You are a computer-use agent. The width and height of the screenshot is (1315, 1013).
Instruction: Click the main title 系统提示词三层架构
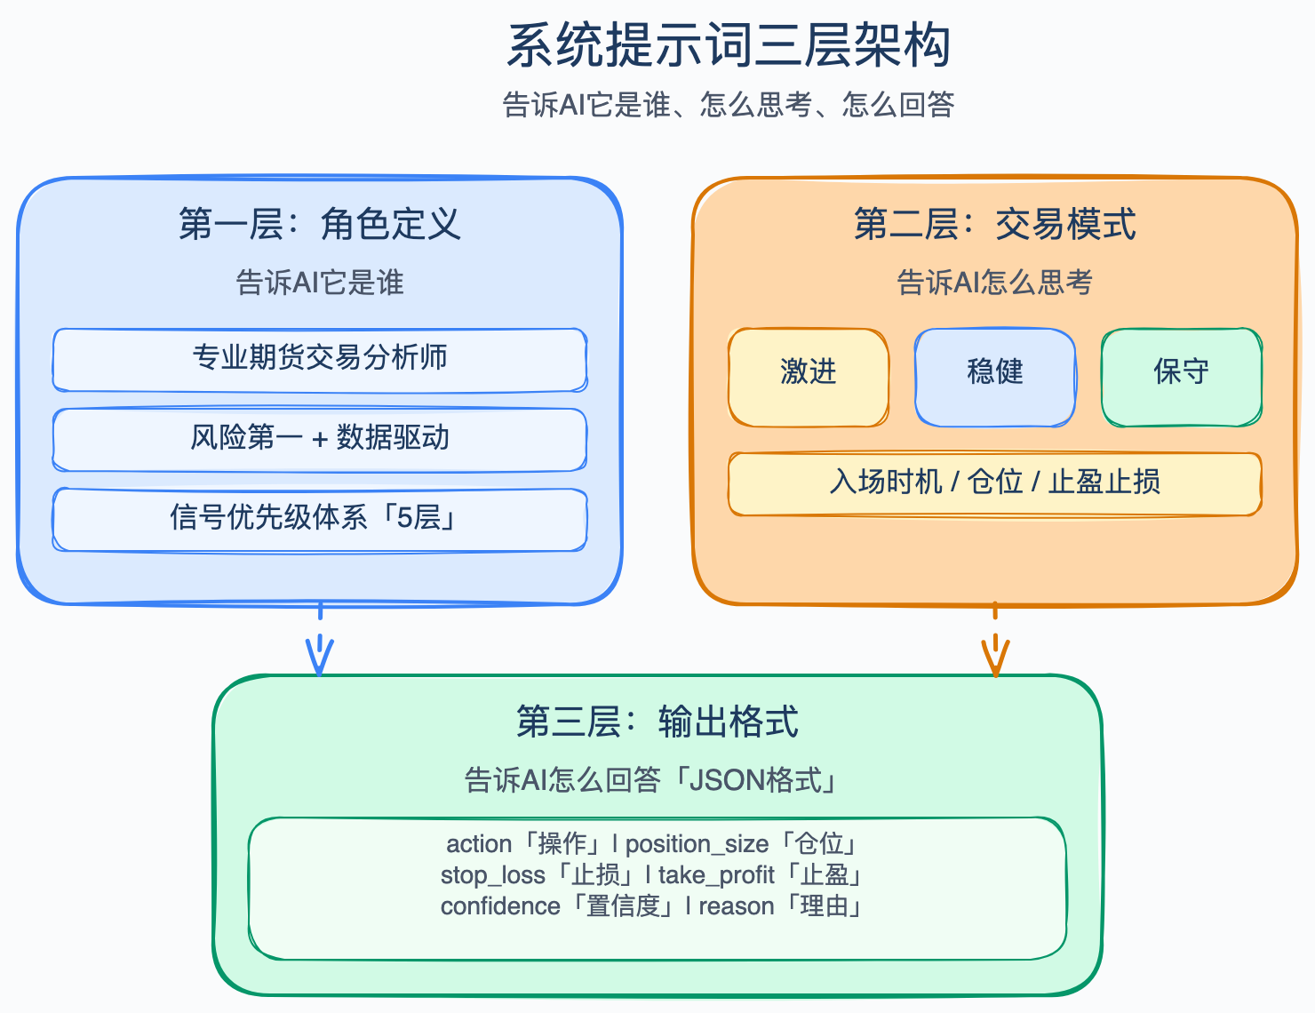coord(729,46)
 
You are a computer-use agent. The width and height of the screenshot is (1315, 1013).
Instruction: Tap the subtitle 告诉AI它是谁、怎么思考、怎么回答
coord(729,105)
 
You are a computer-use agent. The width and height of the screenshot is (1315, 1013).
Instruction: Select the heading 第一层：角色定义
coord(320,224)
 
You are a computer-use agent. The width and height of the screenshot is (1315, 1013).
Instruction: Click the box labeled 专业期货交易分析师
coord(320,359)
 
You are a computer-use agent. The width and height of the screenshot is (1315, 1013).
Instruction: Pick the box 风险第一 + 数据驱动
coord(320,439)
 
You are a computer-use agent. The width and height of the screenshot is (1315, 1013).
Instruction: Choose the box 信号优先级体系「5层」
coord(320,519)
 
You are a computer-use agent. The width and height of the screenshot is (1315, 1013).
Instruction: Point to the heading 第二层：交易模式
coord(995,224)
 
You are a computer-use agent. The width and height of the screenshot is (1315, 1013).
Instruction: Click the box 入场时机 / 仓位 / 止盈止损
coord(995,483)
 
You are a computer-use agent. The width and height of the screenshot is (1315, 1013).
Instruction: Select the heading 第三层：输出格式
coord(657,722)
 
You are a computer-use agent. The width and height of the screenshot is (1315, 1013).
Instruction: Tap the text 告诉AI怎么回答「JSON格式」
coord(653,780)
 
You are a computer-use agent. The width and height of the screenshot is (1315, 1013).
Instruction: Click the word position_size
coord(697,844)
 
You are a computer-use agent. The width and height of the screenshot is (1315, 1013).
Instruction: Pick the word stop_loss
coord(492,875)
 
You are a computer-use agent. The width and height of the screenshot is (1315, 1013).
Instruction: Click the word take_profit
coord(716,875)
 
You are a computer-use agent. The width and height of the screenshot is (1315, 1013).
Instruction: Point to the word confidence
coord(500,906)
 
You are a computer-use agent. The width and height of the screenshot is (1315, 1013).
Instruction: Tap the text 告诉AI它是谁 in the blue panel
coord(320,283)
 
